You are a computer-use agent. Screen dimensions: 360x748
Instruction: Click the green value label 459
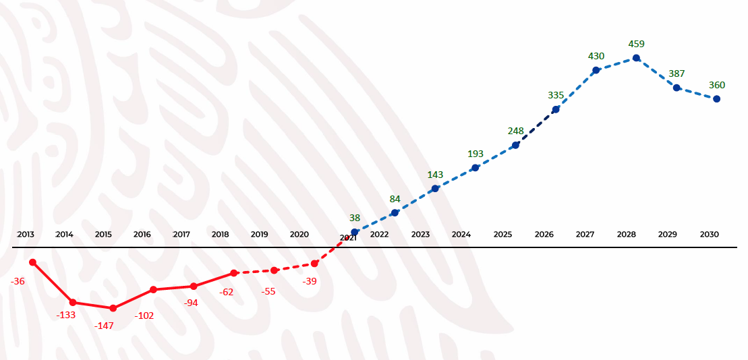636,44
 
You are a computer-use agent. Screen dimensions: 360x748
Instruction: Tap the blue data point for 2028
636,58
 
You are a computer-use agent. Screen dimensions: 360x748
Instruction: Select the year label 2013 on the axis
26,235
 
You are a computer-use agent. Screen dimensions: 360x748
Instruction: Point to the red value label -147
104,326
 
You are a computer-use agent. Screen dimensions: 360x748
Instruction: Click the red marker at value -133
73,303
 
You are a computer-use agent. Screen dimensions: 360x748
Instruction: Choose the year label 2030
709,235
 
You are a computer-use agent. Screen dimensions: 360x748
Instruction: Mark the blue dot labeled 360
716,99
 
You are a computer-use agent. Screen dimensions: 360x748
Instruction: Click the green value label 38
355,218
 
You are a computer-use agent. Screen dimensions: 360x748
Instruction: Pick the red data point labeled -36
32,262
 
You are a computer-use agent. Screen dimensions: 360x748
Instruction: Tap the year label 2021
348,238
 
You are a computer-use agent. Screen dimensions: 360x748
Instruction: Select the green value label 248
516,131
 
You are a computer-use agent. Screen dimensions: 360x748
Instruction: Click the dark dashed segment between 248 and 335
536,127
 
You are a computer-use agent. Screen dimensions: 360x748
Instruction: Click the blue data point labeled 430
596,70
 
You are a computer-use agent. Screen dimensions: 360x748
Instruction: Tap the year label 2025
502,235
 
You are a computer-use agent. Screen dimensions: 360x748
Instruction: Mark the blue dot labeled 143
435,189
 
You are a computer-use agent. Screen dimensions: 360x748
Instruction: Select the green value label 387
677,73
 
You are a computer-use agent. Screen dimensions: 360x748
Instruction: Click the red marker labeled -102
154,289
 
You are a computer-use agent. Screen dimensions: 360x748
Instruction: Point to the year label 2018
221,235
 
